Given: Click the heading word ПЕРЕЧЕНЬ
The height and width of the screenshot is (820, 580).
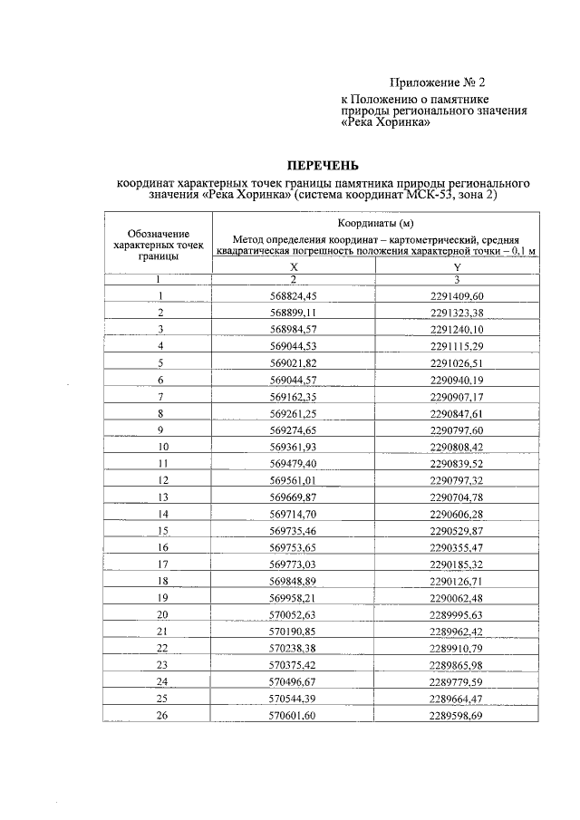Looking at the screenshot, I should click(324, 166).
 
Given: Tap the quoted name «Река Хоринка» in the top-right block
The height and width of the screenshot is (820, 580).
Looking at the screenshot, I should click(384, 123).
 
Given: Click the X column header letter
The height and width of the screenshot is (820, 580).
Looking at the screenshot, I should click(294, 267).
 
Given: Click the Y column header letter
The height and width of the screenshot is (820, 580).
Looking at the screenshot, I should click(457, 267).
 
